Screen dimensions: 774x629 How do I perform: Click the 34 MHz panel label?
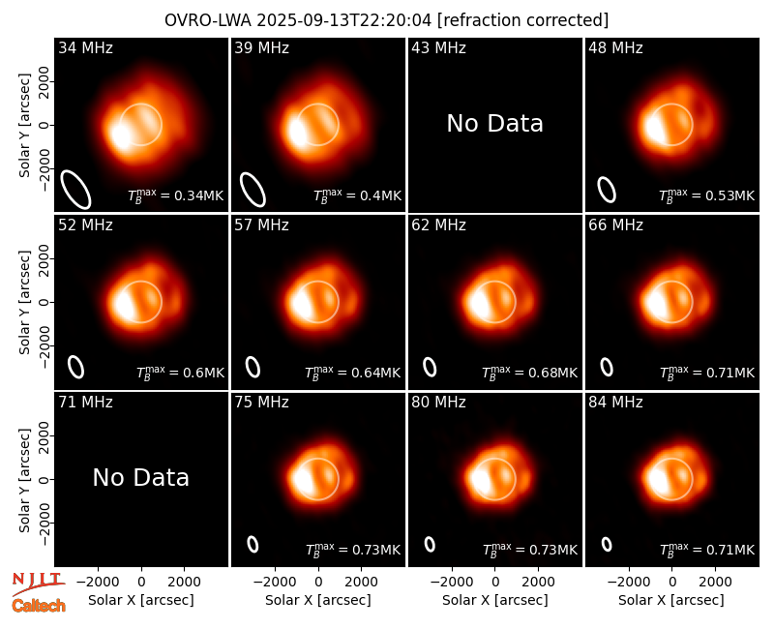point(85,47)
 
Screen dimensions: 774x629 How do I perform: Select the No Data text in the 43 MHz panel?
point(494,124)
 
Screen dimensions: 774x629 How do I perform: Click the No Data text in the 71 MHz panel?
point(140,477)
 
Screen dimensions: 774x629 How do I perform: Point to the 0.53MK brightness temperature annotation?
point(707,195)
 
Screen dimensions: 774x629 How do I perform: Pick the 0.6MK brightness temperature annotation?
point(180,373)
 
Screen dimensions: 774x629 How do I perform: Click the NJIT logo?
point(38,584)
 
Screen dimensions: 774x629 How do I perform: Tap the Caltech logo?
point(39,606)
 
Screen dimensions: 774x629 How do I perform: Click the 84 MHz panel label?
point(615,403)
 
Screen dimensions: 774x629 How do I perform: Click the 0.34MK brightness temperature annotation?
point(176,195)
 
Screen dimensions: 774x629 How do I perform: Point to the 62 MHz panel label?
point(438,225)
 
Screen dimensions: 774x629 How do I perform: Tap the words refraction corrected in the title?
point(522,20)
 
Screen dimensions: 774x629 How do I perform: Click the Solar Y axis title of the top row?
point(24,126)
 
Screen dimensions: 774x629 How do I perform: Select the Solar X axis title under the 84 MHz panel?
point(671,600)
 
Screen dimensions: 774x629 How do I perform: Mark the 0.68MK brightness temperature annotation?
point(529,373)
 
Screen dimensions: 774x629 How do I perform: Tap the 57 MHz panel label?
point(261,225)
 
